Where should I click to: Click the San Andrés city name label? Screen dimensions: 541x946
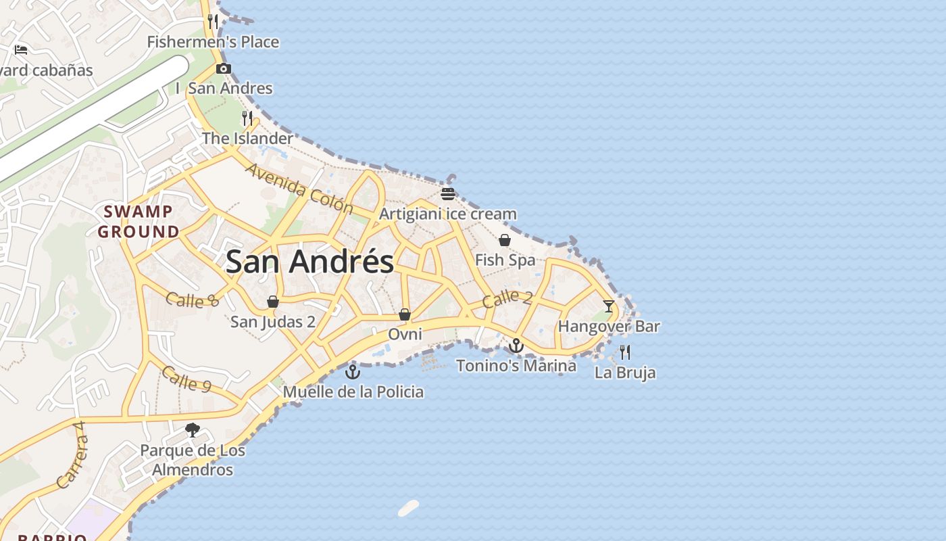coord(309,262)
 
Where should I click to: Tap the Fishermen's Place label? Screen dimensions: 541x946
coord(213,42)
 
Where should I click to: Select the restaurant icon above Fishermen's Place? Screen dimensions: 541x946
coord(213,21)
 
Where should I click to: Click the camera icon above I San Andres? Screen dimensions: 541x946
coord(224,68)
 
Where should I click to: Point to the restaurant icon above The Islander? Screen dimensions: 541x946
coord(247,118)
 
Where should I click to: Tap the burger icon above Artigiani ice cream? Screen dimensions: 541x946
coord(447,194)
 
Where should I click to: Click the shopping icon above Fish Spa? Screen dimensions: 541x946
coord(504,240)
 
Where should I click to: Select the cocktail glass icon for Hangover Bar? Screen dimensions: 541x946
coord(609,306)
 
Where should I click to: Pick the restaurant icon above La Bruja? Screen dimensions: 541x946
coord(625,352)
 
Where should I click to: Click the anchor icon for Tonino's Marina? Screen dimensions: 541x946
coord(516,346)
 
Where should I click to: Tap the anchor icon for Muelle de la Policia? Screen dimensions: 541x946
coord(353,371)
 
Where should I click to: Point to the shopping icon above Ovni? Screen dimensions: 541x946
coord(405,314)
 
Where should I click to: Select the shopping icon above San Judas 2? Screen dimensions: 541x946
coord(273,302)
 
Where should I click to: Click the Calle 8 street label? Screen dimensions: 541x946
coord(193,299)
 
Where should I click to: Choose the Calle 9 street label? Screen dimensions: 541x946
coord(186,379)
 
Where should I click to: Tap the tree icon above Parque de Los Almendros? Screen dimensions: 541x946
coord(193,429)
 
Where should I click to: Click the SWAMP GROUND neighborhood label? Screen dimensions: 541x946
coord(139,222)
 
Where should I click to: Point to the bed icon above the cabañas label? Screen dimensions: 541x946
coord(21,49)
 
